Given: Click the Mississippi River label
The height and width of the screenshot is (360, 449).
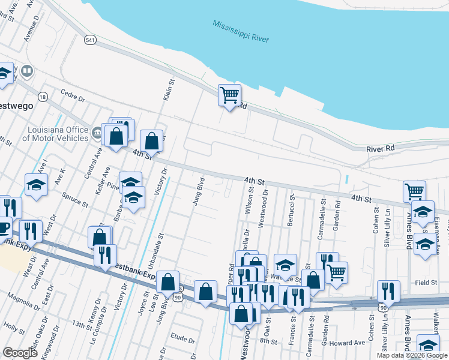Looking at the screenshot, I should click(x=241, y=31).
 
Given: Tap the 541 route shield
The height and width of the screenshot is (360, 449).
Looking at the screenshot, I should click(x=91, y=40).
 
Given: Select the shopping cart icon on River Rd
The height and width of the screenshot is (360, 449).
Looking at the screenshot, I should click(x=229, y=95).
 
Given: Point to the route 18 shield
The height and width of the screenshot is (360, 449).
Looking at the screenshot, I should click(x=42, y=97).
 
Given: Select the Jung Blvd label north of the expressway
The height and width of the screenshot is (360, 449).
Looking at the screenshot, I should click(x=199, y=191).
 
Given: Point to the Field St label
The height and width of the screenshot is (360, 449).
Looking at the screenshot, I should click(x=424, y=282).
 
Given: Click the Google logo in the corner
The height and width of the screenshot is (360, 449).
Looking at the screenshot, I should click(x=20, y=353).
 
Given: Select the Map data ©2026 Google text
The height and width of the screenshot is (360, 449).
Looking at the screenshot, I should click(x=411, y=355).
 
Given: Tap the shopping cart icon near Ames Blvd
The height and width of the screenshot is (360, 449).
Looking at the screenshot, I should click(x=414, y=191).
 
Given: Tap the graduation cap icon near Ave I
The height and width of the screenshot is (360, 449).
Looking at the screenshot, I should click(x=36, y=185).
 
